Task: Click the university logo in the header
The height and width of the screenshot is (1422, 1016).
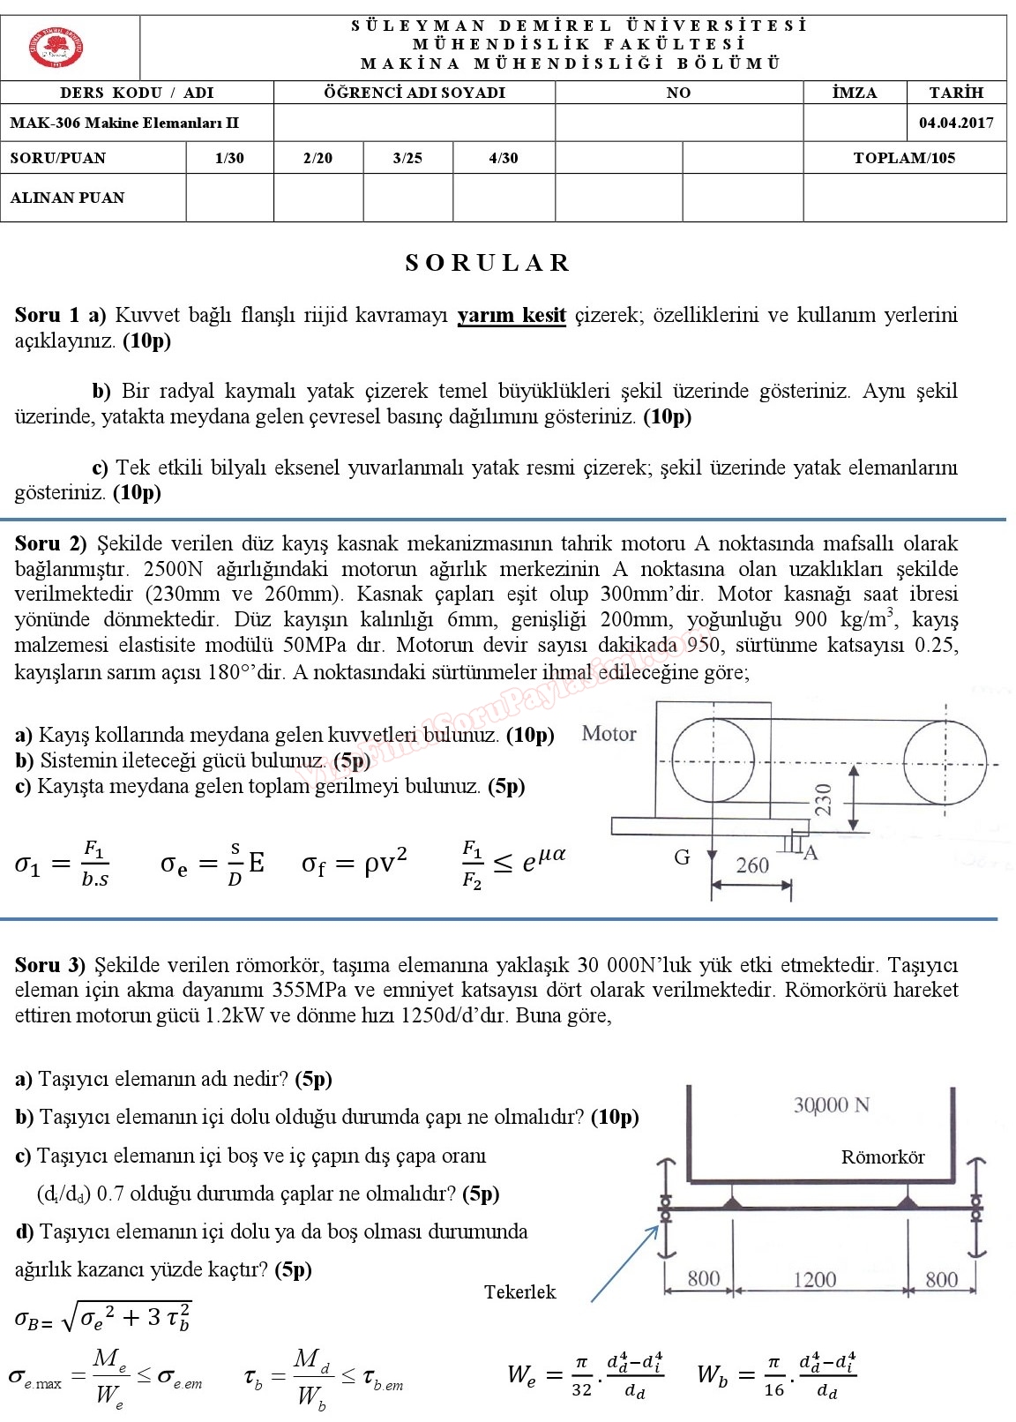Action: [56, 47]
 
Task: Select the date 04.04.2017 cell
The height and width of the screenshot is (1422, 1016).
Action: [956, 123]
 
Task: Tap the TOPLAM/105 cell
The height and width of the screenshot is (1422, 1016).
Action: [904, 158]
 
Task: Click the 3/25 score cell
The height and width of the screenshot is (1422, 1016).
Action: [407, 158]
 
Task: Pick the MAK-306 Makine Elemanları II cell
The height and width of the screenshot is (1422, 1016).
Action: [124, 123]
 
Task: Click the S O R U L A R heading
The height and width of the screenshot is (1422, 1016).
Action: [488, 263]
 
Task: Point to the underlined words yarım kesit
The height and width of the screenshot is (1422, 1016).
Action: [512, 315]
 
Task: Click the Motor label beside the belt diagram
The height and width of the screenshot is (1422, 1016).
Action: [609, 733]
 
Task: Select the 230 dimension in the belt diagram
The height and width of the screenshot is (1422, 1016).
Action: [823, 799]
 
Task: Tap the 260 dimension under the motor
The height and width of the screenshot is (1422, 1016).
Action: [752, 865]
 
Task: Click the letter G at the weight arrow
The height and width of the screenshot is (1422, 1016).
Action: [682, 857]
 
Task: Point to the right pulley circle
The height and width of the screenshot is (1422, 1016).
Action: [945, 761]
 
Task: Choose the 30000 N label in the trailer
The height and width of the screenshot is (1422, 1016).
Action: [831, 1104]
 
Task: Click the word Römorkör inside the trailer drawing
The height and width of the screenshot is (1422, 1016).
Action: [883, 1157]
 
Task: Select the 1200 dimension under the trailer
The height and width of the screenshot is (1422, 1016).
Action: [814, 1279]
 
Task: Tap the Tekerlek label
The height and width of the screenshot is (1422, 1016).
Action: [519, 1292]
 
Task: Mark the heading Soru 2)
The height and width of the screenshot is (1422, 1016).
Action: [51, 543]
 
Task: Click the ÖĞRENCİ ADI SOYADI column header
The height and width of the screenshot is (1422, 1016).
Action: [414, 93]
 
